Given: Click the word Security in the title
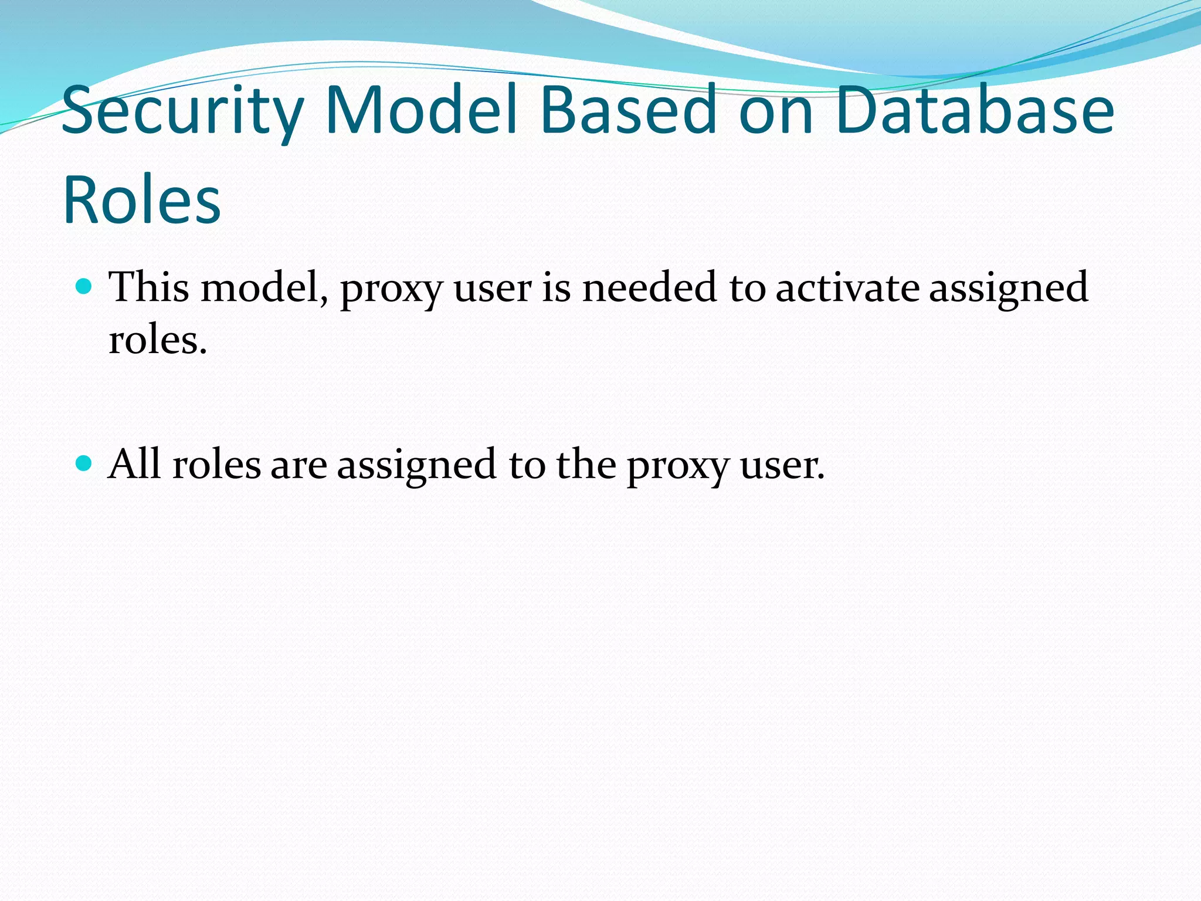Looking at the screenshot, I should pos(182,110).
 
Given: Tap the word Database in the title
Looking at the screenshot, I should pos(974,110).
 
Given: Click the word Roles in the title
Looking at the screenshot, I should pos(141,199).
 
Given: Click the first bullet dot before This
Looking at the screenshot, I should pos(85,287).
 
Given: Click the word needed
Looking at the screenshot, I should pos(649,287).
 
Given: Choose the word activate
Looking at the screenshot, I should pos(847,287).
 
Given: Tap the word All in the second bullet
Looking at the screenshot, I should pos(134,464).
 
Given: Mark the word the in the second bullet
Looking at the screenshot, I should pos(586,464).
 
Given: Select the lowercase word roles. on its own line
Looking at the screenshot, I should pos(158,340).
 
